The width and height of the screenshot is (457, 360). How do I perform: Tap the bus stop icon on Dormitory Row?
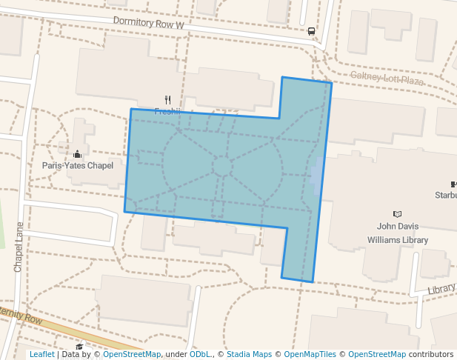(x=311, y=31)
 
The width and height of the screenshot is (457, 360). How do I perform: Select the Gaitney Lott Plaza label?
(x=386, y=78)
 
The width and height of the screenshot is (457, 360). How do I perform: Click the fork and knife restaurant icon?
(x=168, y=100)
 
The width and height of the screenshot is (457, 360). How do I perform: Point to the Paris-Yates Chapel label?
(x=78, y=165)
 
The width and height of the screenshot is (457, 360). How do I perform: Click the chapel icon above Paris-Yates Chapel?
(x=78, y=154)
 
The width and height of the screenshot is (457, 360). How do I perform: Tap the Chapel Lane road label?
(x=19, y=247)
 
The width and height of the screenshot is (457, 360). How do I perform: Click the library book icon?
(x=397, y=214)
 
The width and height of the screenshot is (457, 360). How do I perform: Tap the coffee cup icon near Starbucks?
(x=453, y=184)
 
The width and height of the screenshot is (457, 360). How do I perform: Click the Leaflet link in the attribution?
(x=41, y=355)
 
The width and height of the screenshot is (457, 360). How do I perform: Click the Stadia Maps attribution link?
(x=249, y=355)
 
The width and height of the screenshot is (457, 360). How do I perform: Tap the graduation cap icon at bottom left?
(x=79, y=347)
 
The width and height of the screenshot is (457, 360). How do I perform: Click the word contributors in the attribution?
(x=431, y=355)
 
